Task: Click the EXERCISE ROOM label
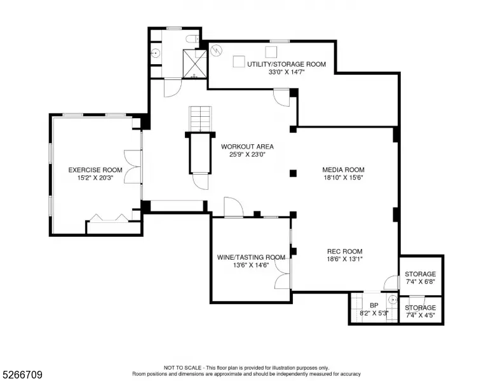coord(95,170)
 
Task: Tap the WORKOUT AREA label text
coord(247,147)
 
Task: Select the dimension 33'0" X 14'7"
coord(287,72)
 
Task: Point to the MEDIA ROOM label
coord(343,170)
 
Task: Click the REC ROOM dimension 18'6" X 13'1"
coord(344,259)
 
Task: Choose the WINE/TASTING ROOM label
coord(251,257)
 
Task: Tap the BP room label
coord(374,305)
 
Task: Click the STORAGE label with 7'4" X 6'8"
coord(420,274)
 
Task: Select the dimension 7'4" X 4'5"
coord(420,316)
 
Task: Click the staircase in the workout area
coord(200,118)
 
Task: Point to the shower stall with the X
coord(195,63)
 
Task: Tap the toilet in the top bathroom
coord(192,39)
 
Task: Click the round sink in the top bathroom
coord(155,53)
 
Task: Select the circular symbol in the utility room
coord(216,50)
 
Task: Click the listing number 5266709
coord(22,375)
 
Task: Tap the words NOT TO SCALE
coord(182,368)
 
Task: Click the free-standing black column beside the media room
coord(293,173)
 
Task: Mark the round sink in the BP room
coord(393,300)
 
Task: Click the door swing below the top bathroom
coord(173,88)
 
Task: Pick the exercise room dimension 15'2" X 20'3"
coord(95,178)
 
